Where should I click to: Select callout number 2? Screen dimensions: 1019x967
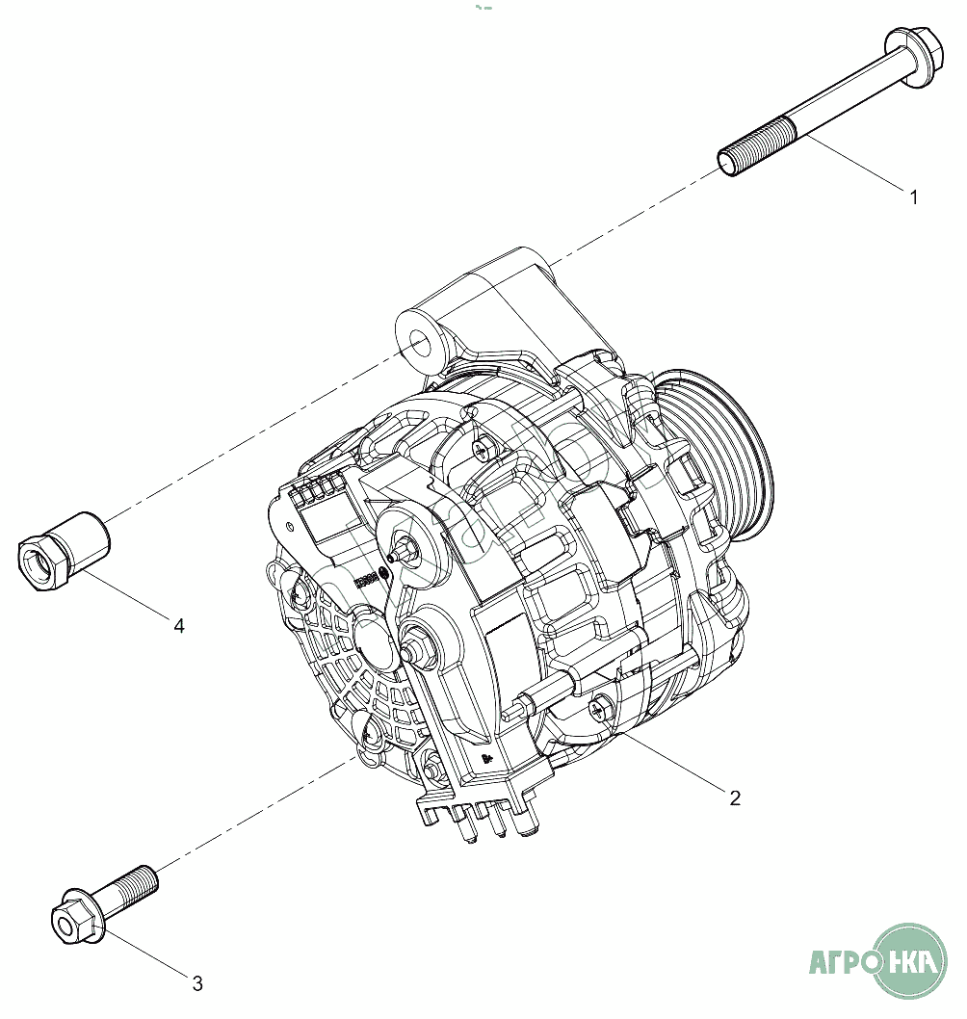pos(734,797)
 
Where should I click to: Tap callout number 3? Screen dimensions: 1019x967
pos(197,983)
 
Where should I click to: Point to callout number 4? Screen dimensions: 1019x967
pos(179,625)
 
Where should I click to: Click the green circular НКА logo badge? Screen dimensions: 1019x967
pos(909,960)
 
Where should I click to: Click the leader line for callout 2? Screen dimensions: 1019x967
pos(674,761)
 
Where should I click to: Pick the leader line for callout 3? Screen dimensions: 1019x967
pos(144,954)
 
